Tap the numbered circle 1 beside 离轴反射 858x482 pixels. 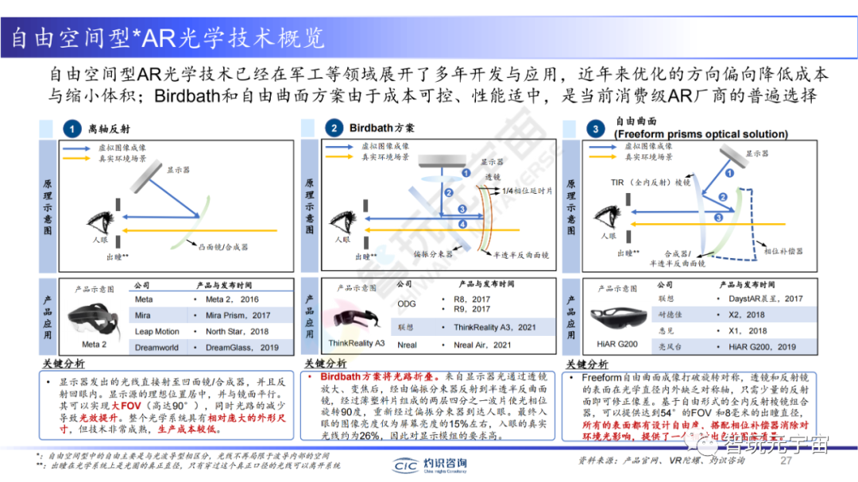coord(72,129)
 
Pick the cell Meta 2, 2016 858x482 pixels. coord(232,299)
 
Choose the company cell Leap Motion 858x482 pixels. coord(157,331)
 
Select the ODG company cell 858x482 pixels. coord(406,303)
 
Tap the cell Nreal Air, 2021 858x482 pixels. coord(482,345)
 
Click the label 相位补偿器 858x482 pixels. coord(783,251)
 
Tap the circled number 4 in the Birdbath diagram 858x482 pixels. coord(463,225)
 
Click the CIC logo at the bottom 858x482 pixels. coord(408,465)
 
